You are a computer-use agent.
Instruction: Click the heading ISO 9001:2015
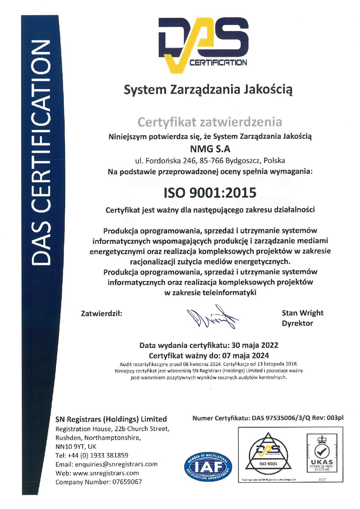[x=210, y=193]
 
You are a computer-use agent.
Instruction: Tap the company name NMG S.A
[x=210, y=149]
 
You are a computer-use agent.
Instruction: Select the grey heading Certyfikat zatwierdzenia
[x=210, y=122]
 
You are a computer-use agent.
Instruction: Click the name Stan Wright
[x=302, y=313]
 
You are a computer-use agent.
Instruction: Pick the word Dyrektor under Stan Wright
[x=297, y=323]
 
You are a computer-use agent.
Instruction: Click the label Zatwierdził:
[x=101, y=314]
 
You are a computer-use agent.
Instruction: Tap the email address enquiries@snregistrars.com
[x=116, y=464]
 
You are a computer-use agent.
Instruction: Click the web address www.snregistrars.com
[x=106, y=473]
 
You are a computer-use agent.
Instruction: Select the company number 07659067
[x=127, y=482]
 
